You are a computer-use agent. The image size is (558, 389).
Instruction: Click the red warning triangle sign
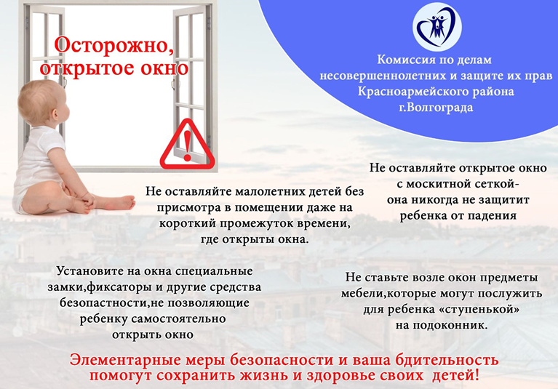tap(187, 145)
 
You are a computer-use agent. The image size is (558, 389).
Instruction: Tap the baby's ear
tap(56, 113)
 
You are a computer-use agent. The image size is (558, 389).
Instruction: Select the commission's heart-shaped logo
tap(437, 28)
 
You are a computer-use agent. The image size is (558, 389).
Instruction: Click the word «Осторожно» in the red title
tap(114, 45)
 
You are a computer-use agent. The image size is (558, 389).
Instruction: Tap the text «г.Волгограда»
tap(436, 107)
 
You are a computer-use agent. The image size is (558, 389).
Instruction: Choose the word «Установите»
tap(89, 271)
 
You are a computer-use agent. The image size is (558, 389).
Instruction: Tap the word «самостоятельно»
tap(179, 318)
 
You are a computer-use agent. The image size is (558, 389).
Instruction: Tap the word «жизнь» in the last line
tap(263, 375)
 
